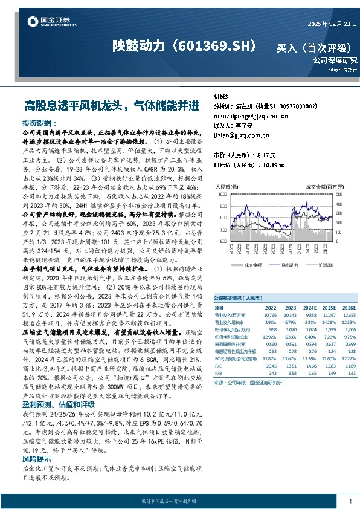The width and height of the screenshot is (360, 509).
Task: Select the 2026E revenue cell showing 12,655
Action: pos(349,315)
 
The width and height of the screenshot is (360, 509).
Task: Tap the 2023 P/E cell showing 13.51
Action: pos(291,365)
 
